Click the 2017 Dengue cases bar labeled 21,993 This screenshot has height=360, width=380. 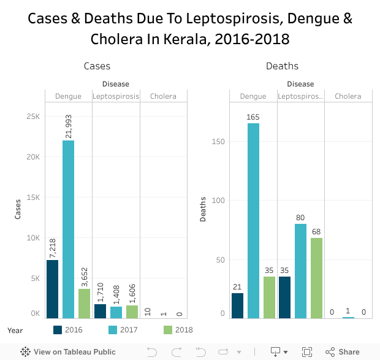pyautogui.click(x=68, y=229)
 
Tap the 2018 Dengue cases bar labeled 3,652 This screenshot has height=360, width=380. pyautogui.click(x=84, y=304)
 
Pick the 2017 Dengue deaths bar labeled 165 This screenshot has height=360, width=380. pyautogui.click(x=253, y=221)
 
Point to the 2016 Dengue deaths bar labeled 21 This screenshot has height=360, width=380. pyautogui.click(x=237, y=305)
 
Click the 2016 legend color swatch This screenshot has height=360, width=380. pyautogui.click(x=58, y=330)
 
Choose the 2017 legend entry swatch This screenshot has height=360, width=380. pyautogui.click(x=113, y=330)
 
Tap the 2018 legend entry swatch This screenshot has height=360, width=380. pyautogui.click(x=168, y=330)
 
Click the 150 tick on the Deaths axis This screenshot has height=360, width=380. pyautogui.click(x=219, y=142)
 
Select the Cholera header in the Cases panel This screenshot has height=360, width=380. pyautogui.click(x=163, y=96)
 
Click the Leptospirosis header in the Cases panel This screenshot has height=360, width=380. pyautogui.click(x=116, y=96)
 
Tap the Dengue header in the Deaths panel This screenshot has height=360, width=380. pyautogui.click(x=253, y=96)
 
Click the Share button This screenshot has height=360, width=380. pyautogui.click(x=343, y=352)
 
